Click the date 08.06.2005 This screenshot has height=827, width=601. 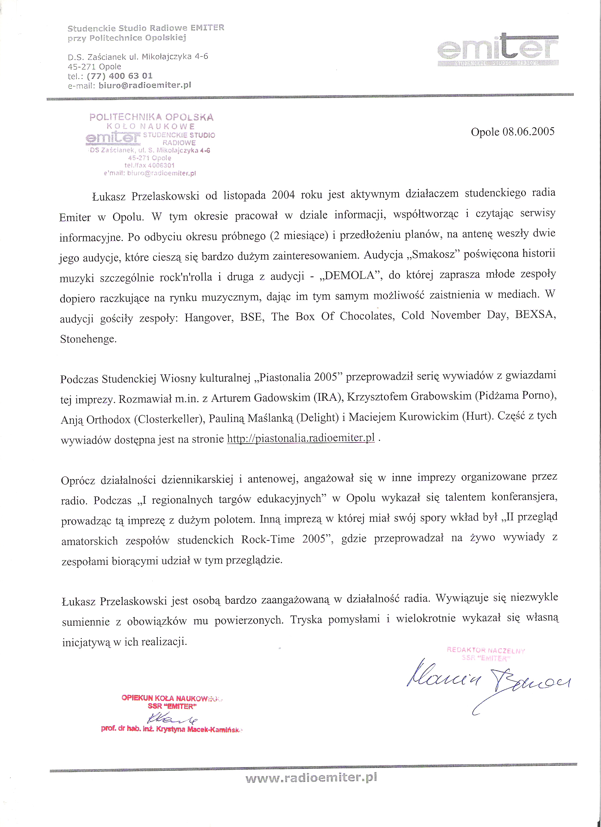coord(528,132)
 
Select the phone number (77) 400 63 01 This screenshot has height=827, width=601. coord(119,76)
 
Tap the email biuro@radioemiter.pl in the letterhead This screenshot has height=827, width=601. coord(145,85)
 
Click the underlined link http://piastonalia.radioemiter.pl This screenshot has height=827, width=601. coord(301,438)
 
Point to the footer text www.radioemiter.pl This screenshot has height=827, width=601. coord(311,777)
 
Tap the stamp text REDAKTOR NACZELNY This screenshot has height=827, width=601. coord(486,650)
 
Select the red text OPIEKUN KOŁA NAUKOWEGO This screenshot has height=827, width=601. coord(171,698)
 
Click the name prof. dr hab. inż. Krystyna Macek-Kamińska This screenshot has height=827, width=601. coord(171,729)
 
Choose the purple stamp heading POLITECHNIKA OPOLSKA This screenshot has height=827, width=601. coord(151,117)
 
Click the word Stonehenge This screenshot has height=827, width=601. coord(88,339)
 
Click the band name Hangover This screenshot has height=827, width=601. coord(209,318)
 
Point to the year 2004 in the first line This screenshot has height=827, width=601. coord(283,195)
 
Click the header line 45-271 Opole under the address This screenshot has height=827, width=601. coord(94,67)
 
